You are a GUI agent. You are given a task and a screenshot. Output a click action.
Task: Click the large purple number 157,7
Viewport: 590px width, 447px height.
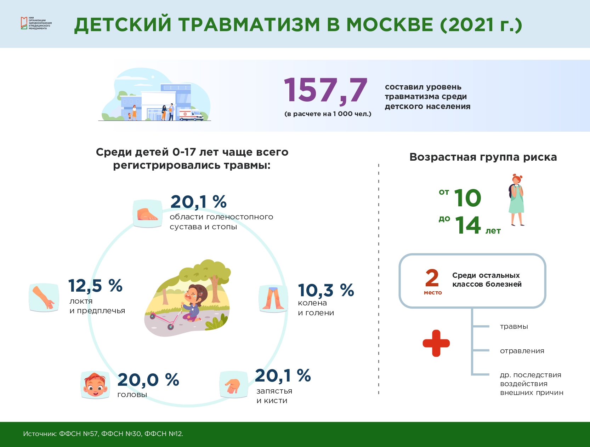[325, 90]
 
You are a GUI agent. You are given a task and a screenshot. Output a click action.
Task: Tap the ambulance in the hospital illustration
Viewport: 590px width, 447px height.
[191, 115]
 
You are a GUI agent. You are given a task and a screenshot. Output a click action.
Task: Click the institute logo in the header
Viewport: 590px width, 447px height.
[36, 23]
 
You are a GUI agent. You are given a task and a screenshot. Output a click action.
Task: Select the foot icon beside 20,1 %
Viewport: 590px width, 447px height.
[148, 213]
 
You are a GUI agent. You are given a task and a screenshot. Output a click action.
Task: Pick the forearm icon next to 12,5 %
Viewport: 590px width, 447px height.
[44, 298]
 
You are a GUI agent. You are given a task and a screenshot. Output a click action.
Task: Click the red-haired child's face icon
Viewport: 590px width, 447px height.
[95, 385]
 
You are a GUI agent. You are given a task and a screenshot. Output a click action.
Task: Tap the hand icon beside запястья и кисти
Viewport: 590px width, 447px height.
[234, 385]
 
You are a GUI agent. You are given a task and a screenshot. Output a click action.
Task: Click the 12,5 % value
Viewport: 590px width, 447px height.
[95, 285]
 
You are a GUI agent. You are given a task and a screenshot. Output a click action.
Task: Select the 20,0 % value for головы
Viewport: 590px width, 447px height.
[148, 379]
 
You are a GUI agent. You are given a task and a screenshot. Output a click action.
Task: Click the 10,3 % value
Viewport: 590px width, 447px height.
[326, 290]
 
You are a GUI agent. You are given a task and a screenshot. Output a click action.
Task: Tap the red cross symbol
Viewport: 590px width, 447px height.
[436, 343]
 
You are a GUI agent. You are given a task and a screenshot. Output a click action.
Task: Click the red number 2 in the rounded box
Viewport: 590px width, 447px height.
[432, 278]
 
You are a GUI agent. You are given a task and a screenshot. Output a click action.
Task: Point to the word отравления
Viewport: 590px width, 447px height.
[522, 351]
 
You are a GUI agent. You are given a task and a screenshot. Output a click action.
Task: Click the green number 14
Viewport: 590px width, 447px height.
[468, 225]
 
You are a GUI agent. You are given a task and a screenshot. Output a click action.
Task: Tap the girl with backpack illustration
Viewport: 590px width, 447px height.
[516, 200]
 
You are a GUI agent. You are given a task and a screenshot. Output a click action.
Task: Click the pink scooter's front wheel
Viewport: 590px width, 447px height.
[170, 327]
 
